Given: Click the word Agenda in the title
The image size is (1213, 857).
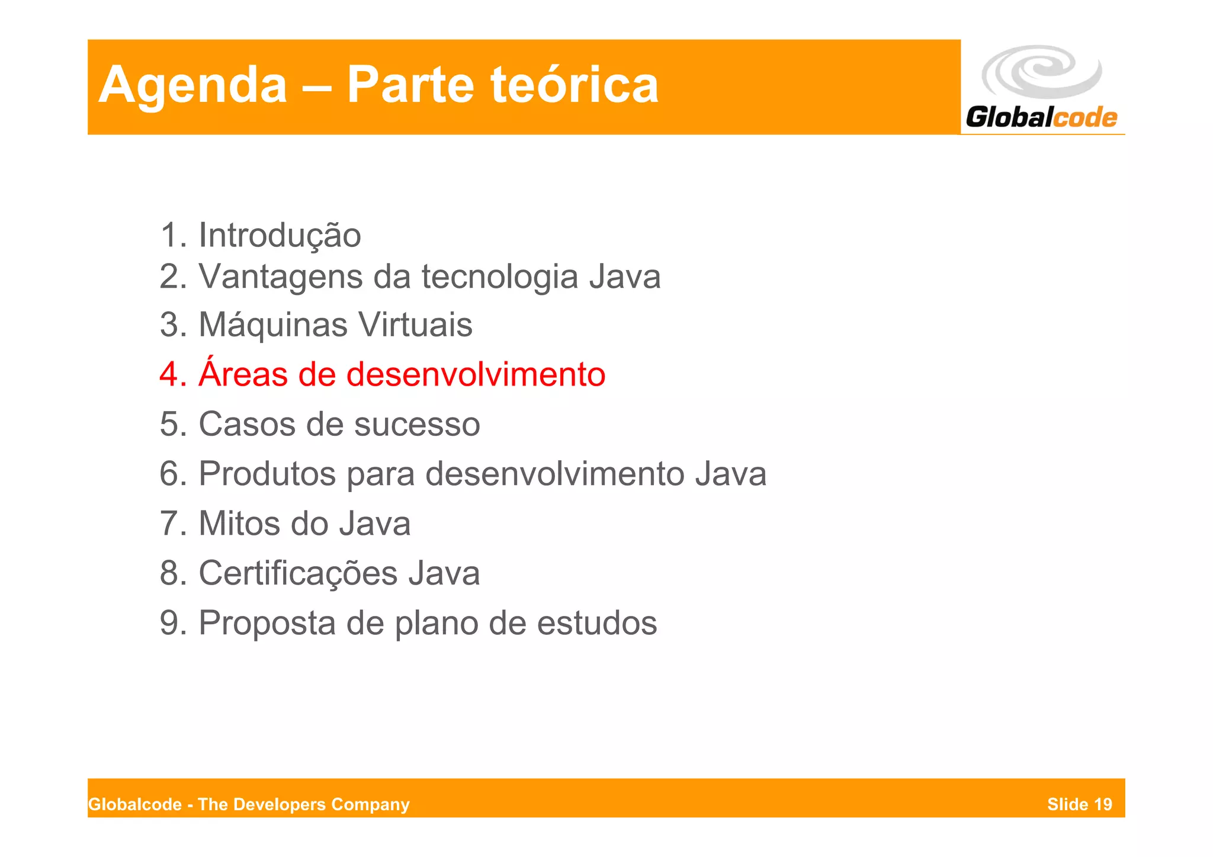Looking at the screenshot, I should (x=192, y=86).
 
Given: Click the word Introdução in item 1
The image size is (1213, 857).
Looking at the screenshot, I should (x=280, y=235).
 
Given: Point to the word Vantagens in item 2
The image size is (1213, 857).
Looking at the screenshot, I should (x=280, y=277).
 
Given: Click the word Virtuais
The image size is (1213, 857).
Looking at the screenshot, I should (x=416, y=325).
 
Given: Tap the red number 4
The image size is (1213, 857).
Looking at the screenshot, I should (x=169, y=374).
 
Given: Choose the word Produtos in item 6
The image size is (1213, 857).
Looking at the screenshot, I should (x=267, y=474).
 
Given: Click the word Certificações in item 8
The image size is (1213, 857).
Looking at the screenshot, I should (x=297, y=573).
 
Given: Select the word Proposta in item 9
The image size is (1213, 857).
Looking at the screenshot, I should (x=267, y=623).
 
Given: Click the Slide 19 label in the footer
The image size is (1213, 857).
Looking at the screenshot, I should (x=1079, y=804).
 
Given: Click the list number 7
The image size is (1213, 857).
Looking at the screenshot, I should (x=169, y=524).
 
